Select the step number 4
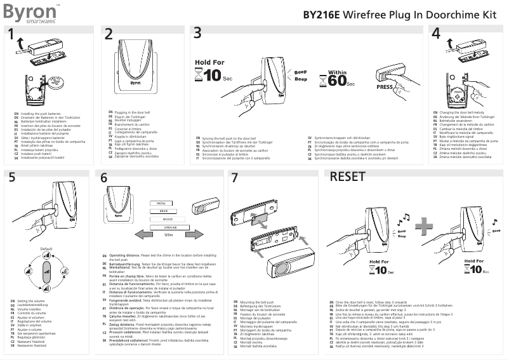(435, 34)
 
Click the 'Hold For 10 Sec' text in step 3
(210, 72)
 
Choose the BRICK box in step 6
(163, 211)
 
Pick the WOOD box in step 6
(168, 219)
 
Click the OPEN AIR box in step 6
(169, 227)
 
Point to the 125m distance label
(168, 235)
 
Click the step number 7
(235, 178)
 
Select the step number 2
(109, 34)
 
